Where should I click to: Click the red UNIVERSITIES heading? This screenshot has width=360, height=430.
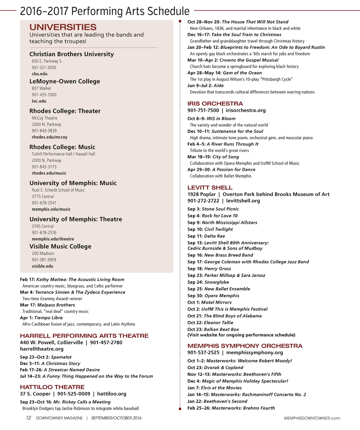click(x=63, y=27)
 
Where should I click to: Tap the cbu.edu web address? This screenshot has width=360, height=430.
click(x=39, y=74)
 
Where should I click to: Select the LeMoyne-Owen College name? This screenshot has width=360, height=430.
click(x=65, y=81)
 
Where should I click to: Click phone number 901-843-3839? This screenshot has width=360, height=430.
click(x=44, y=131)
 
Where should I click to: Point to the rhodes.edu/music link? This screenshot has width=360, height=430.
click(x=49, y=173)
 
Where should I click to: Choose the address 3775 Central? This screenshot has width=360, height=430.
click(x=43, y=197)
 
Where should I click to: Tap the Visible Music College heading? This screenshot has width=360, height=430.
click(x=60, y=246)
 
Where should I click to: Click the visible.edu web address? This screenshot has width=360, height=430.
click(x=43, y=266)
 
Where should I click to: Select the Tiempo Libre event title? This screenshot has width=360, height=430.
click(x=48, y=317)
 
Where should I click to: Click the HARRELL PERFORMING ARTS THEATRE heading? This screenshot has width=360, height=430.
click(x=84, y=336)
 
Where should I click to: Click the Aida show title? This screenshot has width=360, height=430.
click(x=218, y=85)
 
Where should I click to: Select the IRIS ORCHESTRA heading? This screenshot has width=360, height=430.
click(x=215, y=103)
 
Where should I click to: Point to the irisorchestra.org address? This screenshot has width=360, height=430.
click(x=246, y=110)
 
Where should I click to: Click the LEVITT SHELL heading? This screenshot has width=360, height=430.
click(x=210, y=187)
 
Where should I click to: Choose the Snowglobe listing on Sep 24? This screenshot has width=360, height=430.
click(x=217, y=282)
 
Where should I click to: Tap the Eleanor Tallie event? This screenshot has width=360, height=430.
click(x=218, y=322)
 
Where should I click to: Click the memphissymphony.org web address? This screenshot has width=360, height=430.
click(x=255, y=352)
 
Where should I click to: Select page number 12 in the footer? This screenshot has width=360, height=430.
click(x=28, y=418)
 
